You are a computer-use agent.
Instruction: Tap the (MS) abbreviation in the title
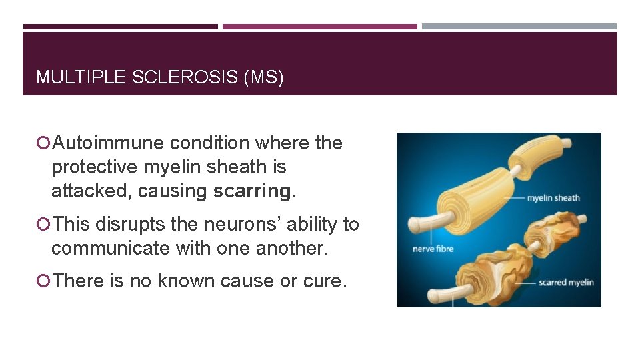click(x=265, y=77)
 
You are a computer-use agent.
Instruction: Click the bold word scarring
click(x=252, y=191)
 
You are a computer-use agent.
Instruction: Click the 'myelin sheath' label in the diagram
click(x=553, y=198)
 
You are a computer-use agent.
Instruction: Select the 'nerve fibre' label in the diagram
click(x=433, y=249)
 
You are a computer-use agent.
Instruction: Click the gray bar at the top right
click(x=519, y=27)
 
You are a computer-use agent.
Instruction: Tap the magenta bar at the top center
click(x=320, y=27)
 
